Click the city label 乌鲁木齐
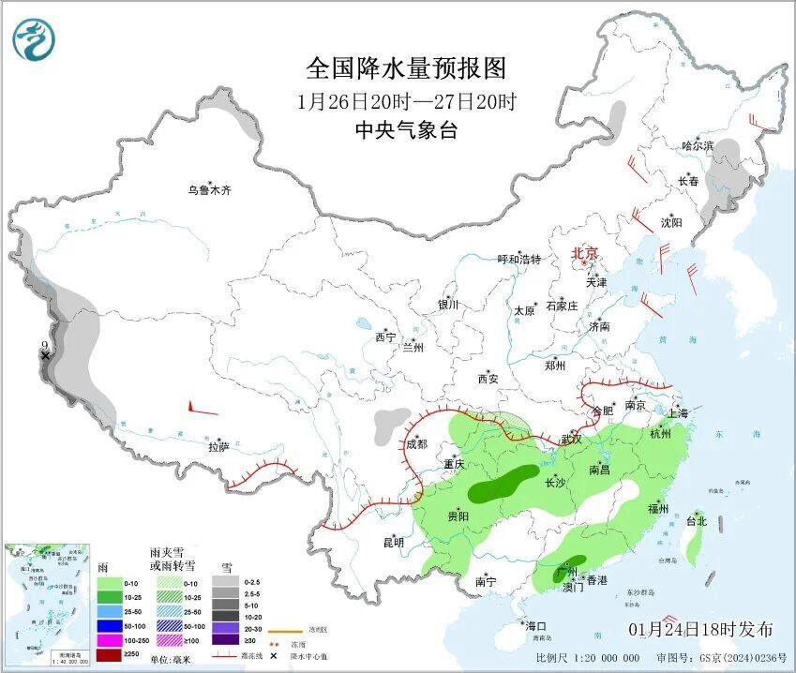point(208,190)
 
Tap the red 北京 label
point(585,253)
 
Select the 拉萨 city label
point(218,447)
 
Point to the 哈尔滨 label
point(698,145)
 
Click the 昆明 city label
point(393,542)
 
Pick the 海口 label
point(535,625)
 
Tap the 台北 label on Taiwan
point(697,521)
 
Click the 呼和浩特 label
point(518,260)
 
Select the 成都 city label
point(414,446)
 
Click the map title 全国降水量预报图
point(406,68)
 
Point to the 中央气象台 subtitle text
point(406,131)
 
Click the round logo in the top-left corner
point(34,39)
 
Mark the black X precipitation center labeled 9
point(44,356)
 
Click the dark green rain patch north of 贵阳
point(498,485)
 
